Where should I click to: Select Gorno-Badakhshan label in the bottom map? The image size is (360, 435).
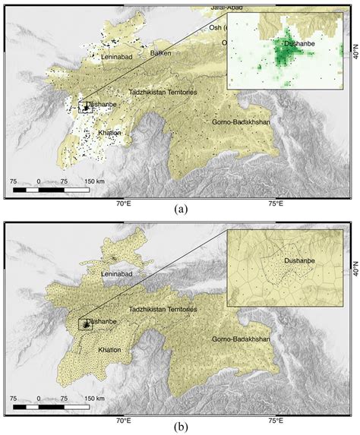238,338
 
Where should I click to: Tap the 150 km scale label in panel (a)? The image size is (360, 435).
95,181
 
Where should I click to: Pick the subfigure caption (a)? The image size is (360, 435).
181,208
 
